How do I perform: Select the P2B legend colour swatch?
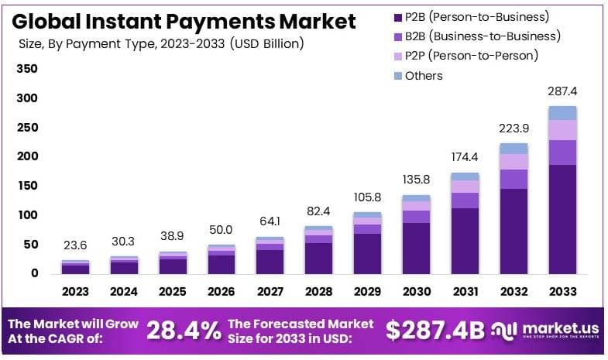pyautogui.click(x=398, y=16)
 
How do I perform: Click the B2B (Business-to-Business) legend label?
pyautogui.click(x=483, y=36)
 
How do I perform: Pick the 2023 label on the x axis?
pyautogui.click(x=76, y=292)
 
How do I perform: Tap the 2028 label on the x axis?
pyautogui.click(x=318, y=292)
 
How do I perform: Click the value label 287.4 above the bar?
pyautogui.click(x=562, y=91)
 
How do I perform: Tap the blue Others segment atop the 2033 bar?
pyautogui.click(x=562, y=113)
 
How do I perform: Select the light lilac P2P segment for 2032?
pyautogui.click(x=514, y=161)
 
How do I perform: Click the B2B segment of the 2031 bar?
pyautogui.click(x=465, y=200)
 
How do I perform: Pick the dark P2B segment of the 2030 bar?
pyautogui.click(x=416, y=248)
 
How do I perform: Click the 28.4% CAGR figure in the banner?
pyautogui.click(x=184, y=331)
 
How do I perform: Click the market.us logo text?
pyautogui.click(x=551, y=327)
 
